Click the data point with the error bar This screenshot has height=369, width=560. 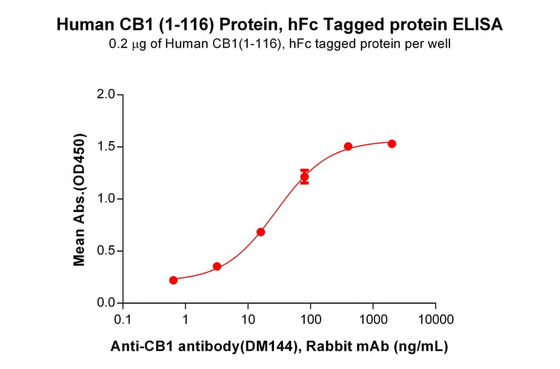coord(304,178)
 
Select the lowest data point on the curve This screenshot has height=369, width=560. coord(173,280)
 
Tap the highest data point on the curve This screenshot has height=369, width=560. coord(392,143)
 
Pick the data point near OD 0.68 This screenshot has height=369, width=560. coord(261,232)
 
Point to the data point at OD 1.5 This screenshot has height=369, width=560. coord(348,147)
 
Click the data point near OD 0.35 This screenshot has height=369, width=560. coord(217,266)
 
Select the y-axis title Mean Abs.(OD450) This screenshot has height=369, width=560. coord(79,199)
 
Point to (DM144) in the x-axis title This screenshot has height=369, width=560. coord(267,347)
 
